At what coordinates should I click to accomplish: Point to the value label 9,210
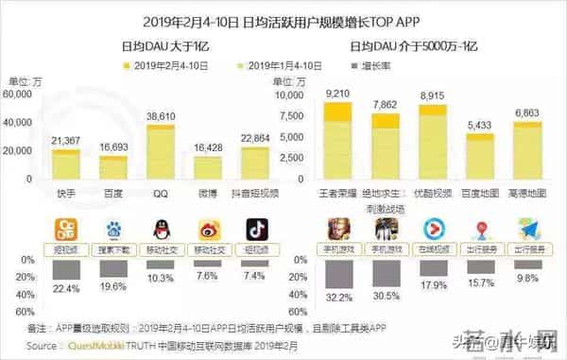tap(337, 94)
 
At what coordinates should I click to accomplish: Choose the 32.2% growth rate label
tap(337, 296)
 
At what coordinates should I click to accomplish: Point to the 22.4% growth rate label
tap(66, 287)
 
